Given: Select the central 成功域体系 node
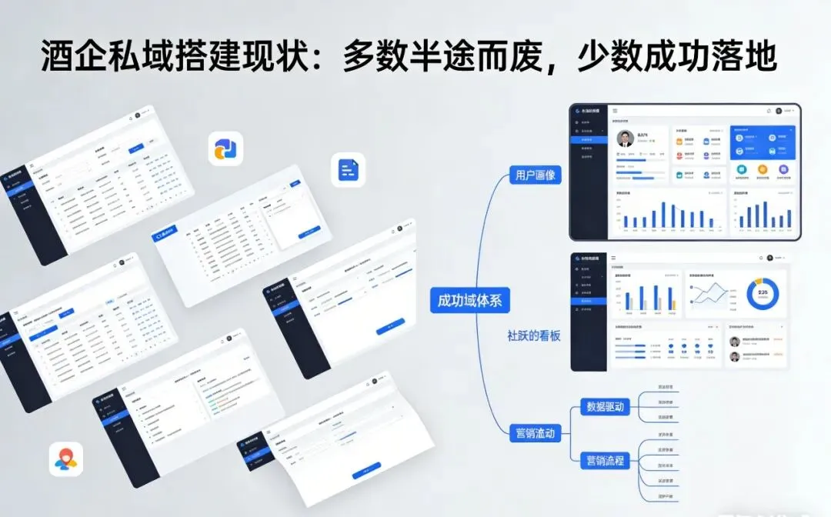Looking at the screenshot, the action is click(469, 300).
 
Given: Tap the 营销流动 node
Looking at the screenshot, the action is click(536, 432).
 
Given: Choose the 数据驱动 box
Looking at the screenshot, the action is click(605, 406).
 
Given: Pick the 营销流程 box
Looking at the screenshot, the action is click(605, 461).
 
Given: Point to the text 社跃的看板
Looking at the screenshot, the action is click(533, 335).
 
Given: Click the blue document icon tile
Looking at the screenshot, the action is click(348, 169).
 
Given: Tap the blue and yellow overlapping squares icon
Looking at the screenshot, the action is click(225, 148).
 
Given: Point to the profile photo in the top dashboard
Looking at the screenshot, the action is click(626, 138).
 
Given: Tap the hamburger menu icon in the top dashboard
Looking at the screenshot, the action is click(615, 112).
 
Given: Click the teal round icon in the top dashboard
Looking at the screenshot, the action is click(742, 170).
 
